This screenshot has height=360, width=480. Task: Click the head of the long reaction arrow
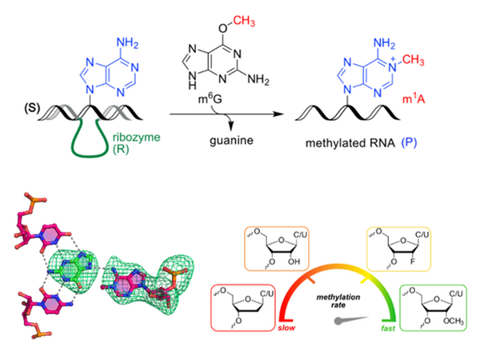coord(282,115)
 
